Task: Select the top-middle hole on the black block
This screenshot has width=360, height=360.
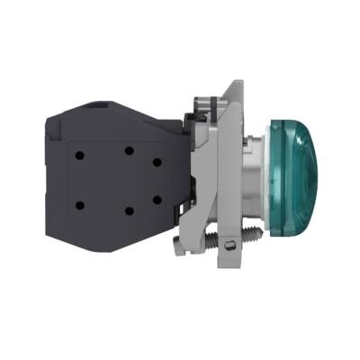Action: (129, 149)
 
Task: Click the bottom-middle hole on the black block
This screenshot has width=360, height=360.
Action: (129, 210)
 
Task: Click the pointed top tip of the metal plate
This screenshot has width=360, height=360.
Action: (237, 84)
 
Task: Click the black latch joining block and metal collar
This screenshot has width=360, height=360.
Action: (194, 135)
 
